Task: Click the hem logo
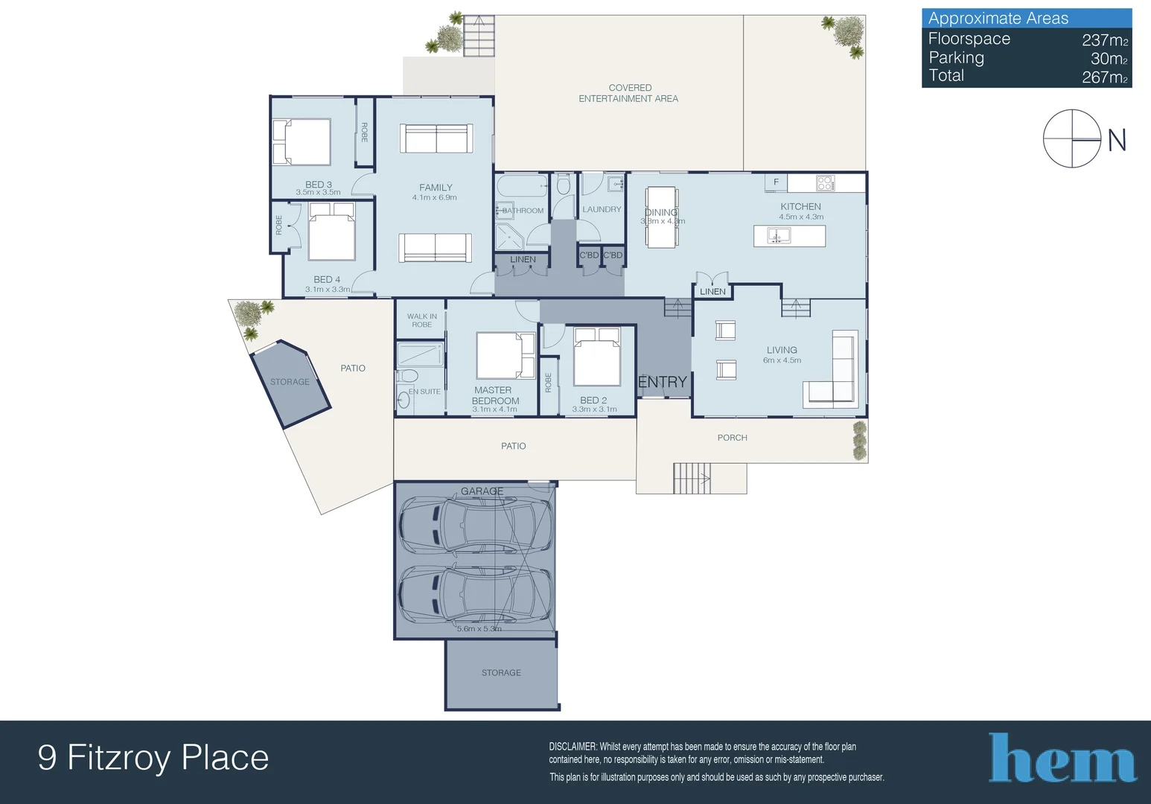point(1062,758)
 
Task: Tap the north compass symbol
point(1071,138)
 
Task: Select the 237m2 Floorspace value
point(1105,40)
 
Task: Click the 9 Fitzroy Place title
point(153,758)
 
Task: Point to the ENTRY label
point(662,382)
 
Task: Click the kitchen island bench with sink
point(789,236)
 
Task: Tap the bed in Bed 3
point(302,141)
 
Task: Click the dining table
point(662,217)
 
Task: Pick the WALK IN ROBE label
point(421,320)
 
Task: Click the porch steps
point(692,478)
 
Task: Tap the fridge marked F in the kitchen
point(776,182)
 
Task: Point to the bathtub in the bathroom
point(521,185)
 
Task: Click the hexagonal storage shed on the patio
point(290,382)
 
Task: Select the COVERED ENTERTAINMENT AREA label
point(629,93)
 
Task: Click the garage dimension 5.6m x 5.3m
point(479,629)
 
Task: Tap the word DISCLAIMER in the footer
point(573,747)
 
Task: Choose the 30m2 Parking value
point(1109,59)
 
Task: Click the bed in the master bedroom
point(506,356)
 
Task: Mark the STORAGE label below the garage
point(501,673)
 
